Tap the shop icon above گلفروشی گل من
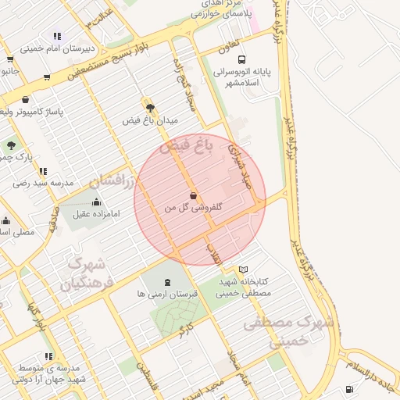[x=193, y=195]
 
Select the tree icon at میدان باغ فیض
[x=150, y=108]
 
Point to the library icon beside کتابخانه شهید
[x=243, y=269]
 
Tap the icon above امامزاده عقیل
[x=97, y=202]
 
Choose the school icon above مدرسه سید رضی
[x=43, y=171]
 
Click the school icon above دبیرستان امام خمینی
[x=57, y=36]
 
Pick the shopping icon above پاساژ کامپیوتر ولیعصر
[x=27, y=99]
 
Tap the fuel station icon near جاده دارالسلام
[x=348, y=389]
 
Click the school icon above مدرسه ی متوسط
[x=49, y=357]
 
